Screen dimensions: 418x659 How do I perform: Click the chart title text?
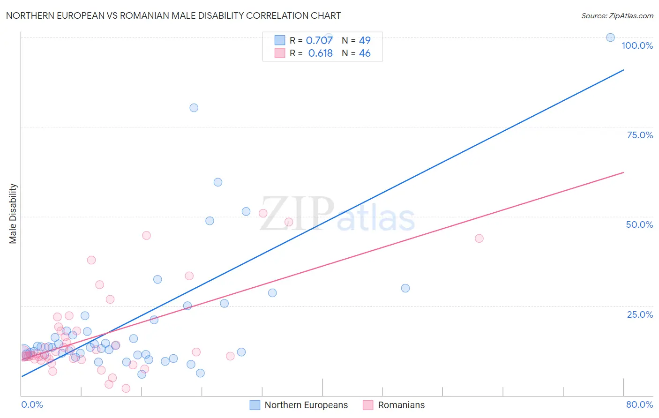point(173,15)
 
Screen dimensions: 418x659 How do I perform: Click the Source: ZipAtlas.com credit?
point(617,15)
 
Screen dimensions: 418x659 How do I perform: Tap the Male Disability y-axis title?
point(13,213)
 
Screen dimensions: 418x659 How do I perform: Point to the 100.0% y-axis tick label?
point(637,45)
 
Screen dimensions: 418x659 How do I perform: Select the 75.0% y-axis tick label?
point(640,135)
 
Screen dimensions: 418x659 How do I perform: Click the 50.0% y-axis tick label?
point(639,224)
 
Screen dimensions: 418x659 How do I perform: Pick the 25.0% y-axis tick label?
point(640,314)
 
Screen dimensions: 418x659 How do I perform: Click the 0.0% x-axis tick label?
point(32,404)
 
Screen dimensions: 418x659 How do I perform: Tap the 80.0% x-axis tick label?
point(639,404)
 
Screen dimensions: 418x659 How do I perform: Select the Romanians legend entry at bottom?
point(401,405)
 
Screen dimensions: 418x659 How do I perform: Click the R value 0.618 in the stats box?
point(321,53)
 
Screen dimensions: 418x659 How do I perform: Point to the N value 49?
point(365,41)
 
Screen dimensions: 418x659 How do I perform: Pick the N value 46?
point(365,53)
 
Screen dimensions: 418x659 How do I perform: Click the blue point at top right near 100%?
point(610,37)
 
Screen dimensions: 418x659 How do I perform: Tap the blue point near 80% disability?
point(194,108)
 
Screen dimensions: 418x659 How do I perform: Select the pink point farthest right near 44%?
point(479,239)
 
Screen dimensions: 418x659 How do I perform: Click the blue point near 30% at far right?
point(405,288)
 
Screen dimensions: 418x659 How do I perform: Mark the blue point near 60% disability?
point(218,182)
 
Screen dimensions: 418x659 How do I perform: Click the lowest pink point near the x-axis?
point(126,388)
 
